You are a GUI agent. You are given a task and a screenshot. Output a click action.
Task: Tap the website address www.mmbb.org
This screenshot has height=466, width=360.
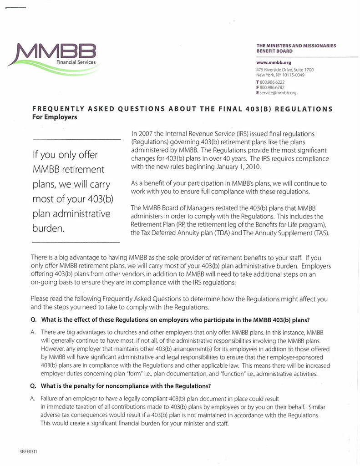(274, 62)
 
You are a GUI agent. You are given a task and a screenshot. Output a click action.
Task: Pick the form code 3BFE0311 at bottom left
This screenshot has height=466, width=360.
(28, 451)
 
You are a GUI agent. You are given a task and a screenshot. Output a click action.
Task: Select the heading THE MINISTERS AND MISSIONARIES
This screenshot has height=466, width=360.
(296, 46)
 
